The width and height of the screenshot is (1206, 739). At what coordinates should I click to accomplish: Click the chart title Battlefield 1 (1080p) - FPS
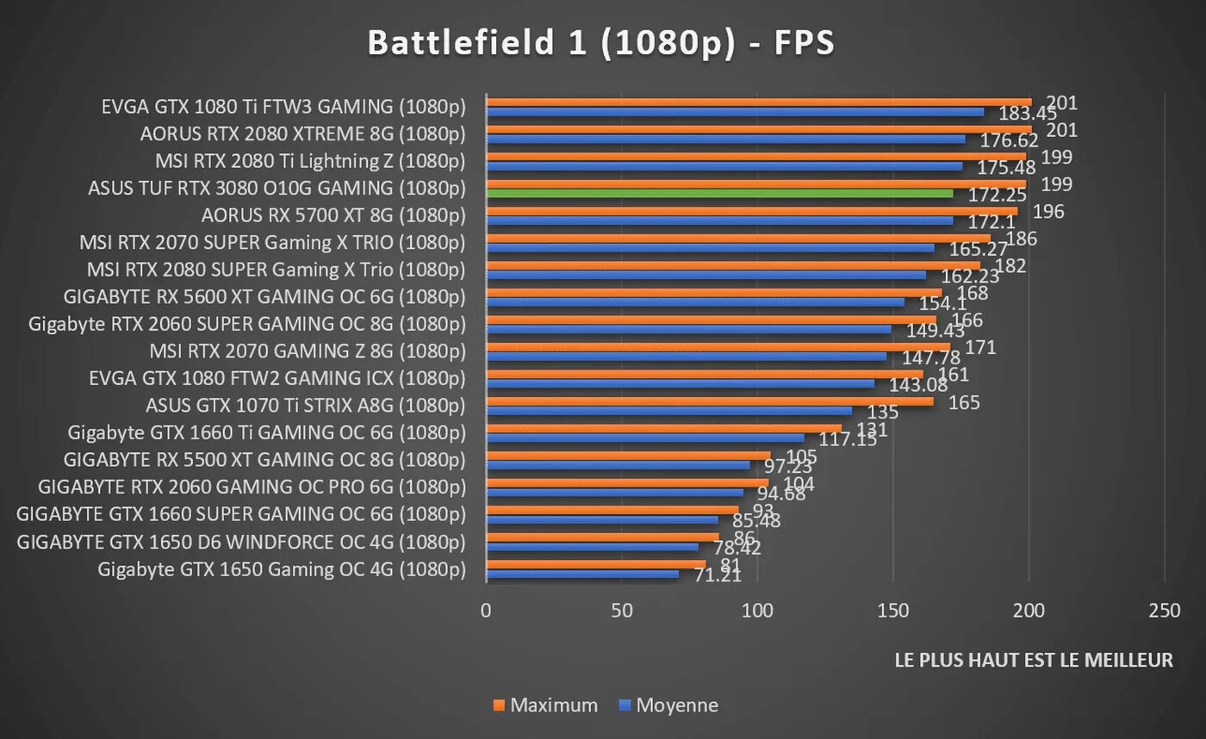[601, 42]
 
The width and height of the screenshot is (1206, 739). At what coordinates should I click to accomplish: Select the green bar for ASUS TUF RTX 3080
[719, 194]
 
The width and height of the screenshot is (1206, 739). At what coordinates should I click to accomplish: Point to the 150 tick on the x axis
[893, 611]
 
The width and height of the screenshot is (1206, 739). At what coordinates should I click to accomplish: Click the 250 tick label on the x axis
[1165, 611]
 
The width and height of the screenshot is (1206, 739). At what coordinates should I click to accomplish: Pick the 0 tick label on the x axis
[487, 611]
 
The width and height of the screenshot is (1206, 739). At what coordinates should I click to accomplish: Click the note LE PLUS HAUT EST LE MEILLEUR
[1034, 661]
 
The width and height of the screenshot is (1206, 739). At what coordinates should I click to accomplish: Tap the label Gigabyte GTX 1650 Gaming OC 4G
[282, 569]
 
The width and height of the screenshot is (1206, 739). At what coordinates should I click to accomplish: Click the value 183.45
[1028, 114]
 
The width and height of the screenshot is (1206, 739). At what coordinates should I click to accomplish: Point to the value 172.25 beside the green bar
[997, 195]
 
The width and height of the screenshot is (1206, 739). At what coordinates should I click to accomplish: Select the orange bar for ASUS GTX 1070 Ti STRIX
[710, 401]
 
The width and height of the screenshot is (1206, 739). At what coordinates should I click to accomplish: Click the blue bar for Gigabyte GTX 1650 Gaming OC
[582, 574]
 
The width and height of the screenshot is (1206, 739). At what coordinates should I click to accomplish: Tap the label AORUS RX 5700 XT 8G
[333, 215]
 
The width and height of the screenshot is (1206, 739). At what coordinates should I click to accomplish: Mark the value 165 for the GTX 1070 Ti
[964, 402]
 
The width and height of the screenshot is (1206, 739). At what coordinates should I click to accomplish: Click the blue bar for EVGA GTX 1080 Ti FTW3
[735, 112]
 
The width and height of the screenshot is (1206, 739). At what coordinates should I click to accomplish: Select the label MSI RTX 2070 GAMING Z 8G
[308, 351]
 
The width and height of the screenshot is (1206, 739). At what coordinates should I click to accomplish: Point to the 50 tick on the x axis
[622, 611]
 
